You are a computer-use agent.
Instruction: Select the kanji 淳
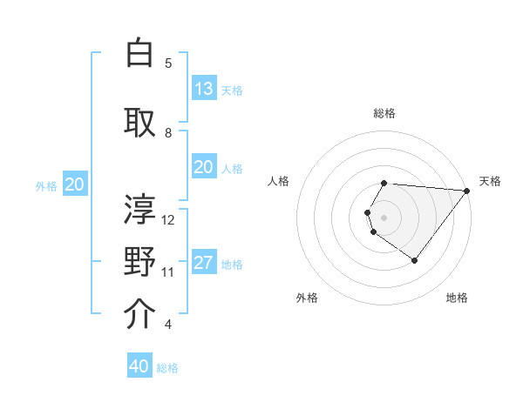[x=139, y=209]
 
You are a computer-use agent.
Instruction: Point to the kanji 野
[x=139, y=262]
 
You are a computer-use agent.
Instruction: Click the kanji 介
[x=139, y=314]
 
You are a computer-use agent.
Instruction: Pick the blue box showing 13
[x=203, y=89]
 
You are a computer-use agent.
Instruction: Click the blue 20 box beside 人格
[x=203, y=168]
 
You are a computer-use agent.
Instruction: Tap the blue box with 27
[x=203, y=264]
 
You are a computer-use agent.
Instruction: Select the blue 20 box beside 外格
[x=74, y=184]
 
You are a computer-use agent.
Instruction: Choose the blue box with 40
[x=139, y=366]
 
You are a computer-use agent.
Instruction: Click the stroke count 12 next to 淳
[x=168, y=219]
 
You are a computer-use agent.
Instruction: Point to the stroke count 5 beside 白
[x=168, y=63]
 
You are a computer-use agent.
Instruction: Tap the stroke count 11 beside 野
[x=168, y=272]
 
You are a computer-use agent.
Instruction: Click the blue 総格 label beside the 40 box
[x=167, y=368]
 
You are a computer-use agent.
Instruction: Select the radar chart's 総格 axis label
[x=384, y=113]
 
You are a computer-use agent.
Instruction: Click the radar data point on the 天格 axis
[x=467, y=191]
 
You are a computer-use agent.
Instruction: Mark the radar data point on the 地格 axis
[x=414, y=260]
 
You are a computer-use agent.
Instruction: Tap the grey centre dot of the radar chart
[x=384, y=217]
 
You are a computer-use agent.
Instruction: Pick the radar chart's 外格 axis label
[x=307, y=298]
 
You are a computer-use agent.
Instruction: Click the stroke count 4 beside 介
[x=168, y=325]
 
